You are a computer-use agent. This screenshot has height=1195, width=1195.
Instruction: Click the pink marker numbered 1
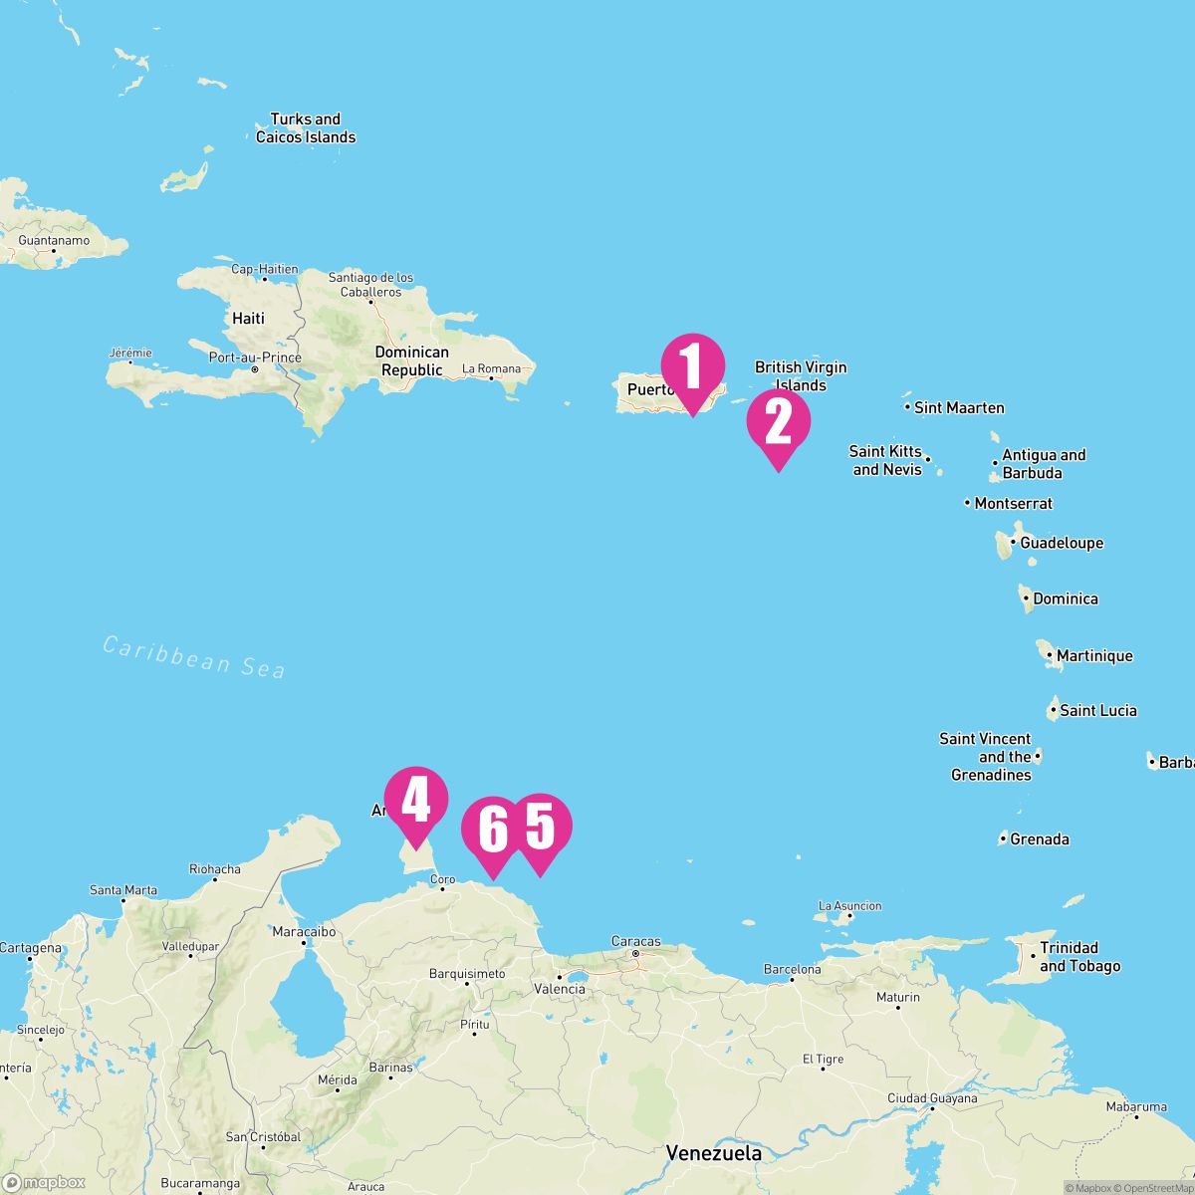point(693,365)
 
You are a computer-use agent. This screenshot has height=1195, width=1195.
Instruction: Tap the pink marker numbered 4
point(416,799)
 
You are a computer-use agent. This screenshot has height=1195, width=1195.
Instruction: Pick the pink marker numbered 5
point(540,827)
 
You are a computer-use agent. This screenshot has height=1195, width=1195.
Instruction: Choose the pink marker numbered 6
point(493,829)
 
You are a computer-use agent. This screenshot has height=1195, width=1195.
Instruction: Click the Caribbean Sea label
point(194,657)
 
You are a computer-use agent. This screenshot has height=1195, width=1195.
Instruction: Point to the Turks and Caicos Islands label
point(306,128)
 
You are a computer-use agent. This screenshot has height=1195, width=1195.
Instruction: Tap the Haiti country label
point(248,319)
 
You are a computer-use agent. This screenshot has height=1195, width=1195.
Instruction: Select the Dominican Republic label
point(411,361)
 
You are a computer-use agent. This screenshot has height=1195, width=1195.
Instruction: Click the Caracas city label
point(635,941)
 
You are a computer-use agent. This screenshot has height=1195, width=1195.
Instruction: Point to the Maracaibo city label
point(305,932)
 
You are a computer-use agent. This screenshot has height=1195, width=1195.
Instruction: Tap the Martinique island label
point(1094,655)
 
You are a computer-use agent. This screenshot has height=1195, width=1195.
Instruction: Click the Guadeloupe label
point(1062,543)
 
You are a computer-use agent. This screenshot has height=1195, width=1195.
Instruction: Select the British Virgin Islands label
point(801,376)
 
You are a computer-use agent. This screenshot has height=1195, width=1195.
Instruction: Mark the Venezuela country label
point(714,1153)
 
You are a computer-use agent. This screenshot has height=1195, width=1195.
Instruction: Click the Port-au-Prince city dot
point(255,369)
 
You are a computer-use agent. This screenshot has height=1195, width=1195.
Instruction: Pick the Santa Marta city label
point(123,889)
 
